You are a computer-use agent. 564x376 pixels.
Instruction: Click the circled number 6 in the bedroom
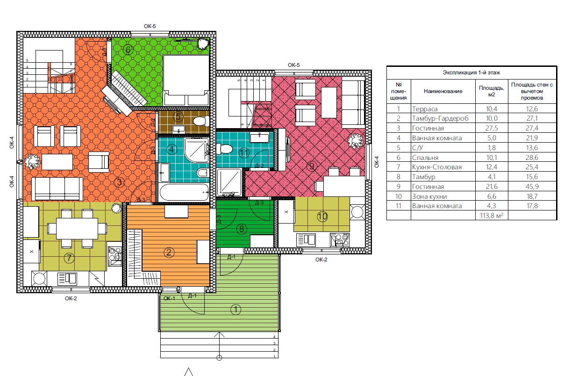[x=128, y=50]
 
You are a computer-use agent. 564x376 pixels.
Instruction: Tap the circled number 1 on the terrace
[x=236, y=310]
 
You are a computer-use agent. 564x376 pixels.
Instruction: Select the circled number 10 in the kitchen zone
[x=322, y=217]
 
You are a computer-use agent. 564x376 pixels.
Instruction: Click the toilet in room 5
[x=201, y=121]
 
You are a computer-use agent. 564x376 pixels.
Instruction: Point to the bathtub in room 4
[x=184, y=192]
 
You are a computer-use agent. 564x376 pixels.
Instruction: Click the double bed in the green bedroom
[x=186, y=80]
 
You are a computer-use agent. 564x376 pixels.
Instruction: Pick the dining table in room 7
[x=77, y=229]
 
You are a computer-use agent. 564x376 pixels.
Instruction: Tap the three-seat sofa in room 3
[x=57, y=189]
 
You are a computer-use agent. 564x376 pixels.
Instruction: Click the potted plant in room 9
[x=355, y=141]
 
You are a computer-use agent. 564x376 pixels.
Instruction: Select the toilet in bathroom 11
[x=224, y=149]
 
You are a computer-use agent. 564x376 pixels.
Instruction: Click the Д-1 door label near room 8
[x=231, y=257]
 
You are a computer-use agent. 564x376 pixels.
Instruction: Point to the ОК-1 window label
[x=169, y=298]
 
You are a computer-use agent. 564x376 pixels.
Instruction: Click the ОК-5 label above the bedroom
[x=150, y=26]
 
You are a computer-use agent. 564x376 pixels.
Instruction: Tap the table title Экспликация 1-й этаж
[x=471, y=72]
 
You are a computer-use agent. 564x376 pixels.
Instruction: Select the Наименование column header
[x=443, y=91]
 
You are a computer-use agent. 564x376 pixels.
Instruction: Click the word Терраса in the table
[x=425, y=109]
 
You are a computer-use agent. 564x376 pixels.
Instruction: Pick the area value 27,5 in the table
[x=492, y=128]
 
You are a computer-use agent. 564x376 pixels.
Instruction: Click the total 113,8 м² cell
[x=492, y=216]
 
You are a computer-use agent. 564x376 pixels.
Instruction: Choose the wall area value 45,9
[x=532, y=187]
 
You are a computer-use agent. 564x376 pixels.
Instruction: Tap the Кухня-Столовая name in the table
[x=437, y=167]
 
